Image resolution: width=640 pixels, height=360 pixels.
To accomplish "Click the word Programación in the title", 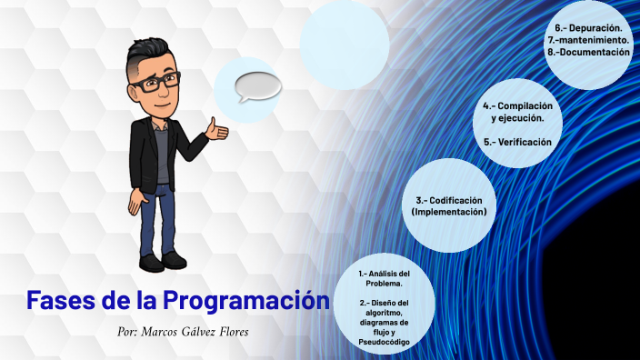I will click(245, 300).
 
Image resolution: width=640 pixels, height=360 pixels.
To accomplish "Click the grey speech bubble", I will click(257, 86).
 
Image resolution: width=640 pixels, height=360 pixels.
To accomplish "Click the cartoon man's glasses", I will click(154, 81).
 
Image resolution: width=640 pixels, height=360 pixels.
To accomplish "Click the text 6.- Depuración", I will click(588, 29).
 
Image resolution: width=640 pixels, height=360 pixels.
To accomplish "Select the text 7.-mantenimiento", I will click(587, 41).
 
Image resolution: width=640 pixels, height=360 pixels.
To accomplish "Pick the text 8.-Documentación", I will click(588, 53).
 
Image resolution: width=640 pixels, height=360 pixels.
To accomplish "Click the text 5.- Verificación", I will click(518, 142).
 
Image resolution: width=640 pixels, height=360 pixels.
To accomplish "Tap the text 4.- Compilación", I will click(518, 106).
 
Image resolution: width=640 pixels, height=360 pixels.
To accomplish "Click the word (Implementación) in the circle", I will click(449, 212).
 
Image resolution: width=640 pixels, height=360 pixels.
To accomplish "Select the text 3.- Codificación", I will click(449, 200).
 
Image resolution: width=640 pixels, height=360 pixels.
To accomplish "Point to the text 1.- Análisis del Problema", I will click(385, 277).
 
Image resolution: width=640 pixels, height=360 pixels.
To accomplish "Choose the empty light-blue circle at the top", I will click(344, 44).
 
